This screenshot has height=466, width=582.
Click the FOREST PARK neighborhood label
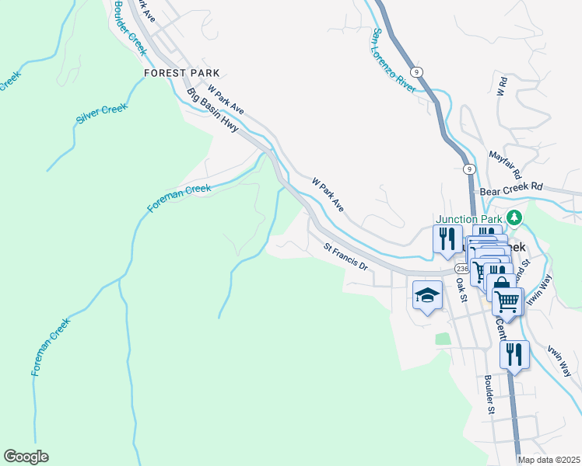coord(181,73)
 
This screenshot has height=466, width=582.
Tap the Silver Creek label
coord(101,114)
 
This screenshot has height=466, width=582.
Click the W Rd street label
coord(503,86)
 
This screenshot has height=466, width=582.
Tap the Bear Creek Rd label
coord(510,188)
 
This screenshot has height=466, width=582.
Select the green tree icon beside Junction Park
coord(514,217)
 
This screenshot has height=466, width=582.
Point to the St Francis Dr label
coord(345,256)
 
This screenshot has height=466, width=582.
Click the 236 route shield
coord(463,267)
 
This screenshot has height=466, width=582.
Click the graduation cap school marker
coord(427,295)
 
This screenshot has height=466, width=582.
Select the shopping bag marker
coord(500,283)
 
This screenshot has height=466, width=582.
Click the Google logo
coord(26,457)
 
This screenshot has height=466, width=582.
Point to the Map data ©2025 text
coord(549,460)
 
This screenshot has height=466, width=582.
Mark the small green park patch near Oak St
coord(443,339)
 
